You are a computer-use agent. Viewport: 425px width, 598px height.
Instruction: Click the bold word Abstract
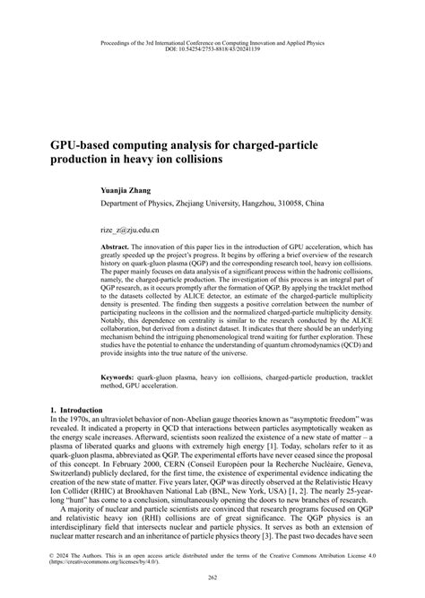(x=117, y=246)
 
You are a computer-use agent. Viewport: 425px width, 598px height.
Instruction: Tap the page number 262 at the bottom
(x=212, y=576)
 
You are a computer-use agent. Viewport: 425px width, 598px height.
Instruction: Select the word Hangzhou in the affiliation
(x=257, y=204)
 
